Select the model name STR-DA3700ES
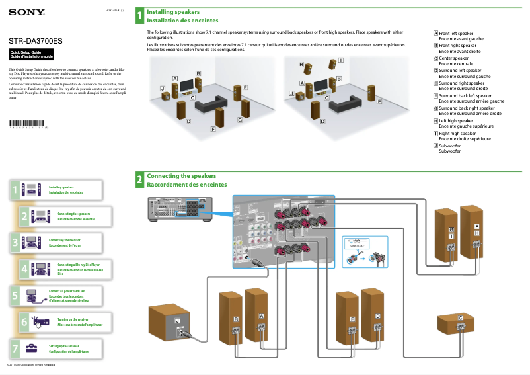[x=36, y=40]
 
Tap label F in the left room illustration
[x=213, y=128]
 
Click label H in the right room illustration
[x=301, y=65]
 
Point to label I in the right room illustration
[x=340, y=60]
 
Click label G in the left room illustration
[x=239, y=120]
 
